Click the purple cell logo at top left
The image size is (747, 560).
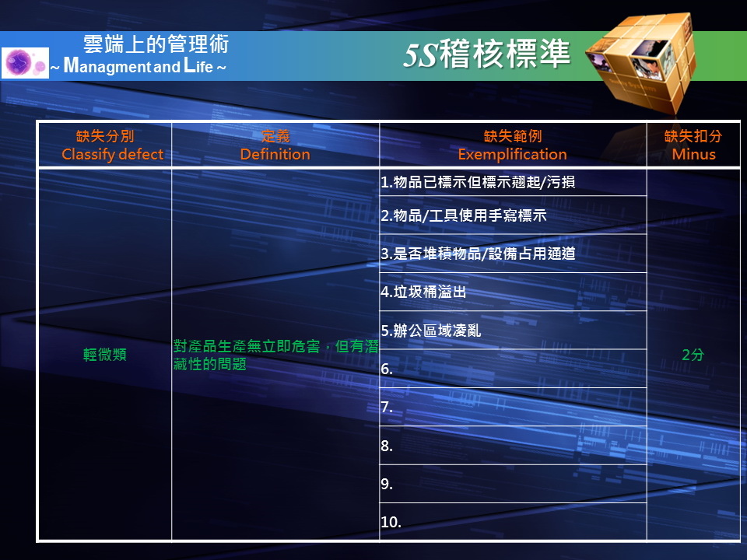point(25,62)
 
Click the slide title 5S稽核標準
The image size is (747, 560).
point(486,54)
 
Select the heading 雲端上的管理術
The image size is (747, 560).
point(156,44)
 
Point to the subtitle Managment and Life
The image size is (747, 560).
point(139,65)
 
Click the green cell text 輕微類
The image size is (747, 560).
point(105,355)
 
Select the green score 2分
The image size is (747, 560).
point(693,355)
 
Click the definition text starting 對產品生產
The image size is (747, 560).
point(275,355)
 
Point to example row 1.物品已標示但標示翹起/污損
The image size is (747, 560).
point(478,182)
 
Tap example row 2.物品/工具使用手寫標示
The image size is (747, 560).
point(464,215)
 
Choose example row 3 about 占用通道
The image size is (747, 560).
point(478,254)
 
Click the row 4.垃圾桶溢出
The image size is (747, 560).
point(423,292)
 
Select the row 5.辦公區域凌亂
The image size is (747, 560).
point(430,330)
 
